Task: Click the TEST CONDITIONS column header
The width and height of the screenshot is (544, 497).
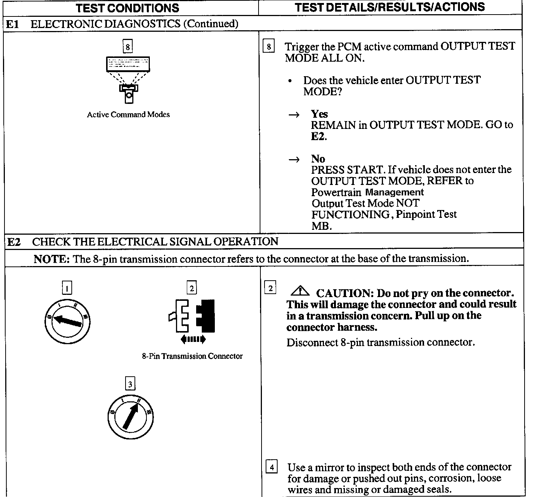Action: [127, 8]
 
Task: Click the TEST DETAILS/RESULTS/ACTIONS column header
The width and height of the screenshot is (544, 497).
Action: [390, 7]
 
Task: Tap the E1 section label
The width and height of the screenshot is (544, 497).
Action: [12, 24]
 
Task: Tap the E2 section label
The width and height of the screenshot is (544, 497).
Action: [13, 242]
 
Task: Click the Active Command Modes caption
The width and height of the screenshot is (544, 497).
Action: [128, 115]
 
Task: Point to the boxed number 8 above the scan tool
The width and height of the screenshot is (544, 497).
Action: [128, 47]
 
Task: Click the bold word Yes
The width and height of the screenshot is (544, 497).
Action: [319, 114]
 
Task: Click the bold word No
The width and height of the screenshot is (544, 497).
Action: [318, 159]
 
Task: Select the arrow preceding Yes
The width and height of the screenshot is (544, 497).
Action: [294, 115]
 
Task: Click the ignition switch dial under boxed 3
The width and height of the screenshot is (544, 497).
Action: [130, 417]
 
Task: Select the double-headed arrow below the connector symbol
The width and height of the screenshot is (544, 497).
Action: [193, 339]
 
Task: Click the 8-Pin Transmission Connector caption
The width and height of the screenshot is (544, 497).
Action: [192, 356]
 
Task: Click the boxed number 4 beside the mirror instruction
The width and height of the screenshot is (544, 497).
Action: [272, 467]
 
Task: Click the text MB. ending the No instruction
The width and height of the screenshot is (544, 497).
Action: [321, 226]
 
